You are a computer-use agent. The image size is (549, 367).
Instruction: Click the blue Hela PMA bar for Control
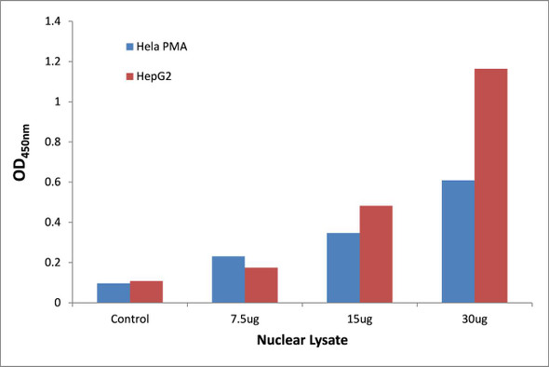click(x=114, y=292)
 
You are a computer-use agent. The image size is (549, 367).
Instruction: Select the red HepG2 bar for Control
click(x=146, y=292)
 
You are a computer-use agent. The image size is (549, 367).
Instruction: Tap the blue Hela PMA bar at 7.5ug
click(x=229, y=279)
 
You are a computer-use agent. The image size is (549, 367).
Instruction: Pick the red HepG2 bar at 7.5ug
click(x=261, y=285)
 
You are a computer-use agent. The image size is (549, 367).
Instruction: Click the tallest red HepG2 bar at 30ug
click(x=490, y=185)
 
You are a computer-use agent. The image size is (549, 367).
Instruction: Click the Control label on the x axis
click(x=130, y=319)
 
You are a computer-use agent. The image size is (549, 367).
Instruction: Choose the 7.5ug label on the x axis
click(x=245, y=319)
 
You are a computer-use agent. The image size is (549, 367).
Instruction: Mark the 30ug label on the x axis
click(x=475, y=319)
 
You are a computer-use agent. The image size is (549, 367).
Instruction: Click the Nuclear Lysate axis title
click(x=302, y=343)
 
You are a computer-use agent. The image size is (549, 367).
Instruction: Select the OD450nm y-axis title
click(x=23, y=163)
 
